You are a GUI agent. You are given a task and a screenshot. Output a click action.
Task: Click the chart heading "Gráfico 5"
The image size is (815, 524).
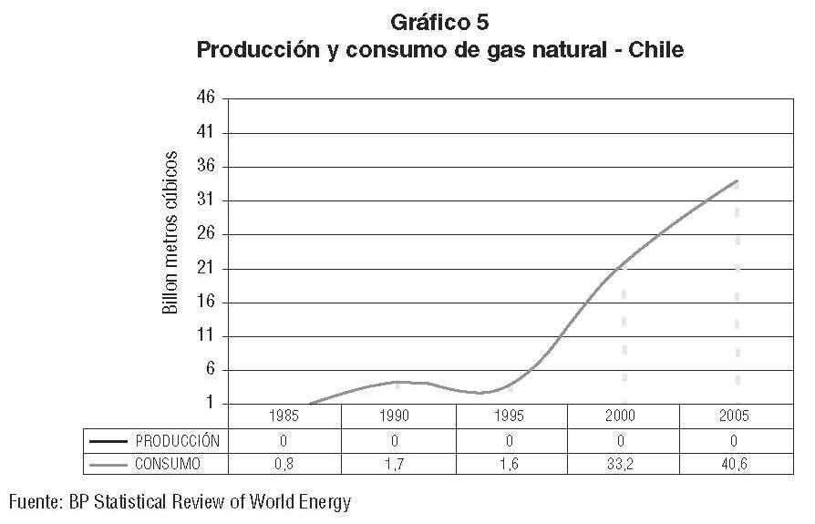(439, 22)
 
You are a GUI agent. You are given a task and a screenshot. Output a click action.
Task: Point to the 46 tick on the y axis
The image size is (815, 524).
(205, 98)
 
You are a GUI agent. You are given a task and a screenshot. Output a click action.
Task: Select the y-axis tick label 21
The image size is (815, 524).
(205, 269)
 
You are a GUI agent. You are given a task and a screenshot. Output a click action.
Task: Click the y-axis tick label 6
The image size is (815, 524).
(209, 370)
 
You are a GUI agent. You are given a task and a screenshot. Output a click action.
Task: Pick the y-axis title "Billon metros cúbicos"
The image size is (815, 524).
(170, 232)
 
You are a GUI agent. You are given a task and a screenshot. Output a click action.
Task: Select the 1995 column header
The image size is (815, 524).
(510, 416)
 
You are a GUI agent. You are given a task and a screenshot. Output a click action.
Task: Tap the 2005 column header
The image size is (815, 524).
(734, 416)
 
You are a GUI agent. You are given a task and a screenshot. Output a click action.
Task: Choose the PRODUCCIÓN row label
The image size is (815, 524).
(177, 440)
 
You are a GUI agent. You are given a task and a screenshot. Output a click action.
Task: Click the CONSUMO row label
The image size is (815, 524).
(168, 464)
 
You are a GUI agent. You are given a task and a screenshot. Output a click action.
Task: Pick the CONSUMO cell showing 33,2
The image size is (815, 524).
(623, 464)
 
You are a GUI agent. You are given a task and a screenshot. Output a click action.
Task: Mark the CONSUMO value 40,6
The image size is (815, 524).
(734, 464)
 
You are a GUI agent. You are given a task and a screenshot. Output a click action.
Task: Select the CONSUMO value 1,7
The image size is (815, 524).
(397, 464)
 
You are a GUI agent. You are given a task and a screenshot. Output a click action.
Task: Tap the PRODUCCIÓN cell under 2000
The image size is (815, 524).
(623, 440)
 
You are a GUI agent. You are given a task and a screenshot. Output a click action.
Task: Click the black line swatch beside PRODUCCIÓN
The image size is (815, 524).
(108, 441)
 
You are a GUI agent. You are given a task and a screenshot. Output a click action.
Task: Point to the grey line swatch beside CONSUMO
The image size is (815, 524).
(108, 465)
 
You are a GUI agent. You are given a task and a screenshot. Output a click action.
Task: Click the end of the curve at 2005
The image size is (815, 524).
(737, 180)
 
